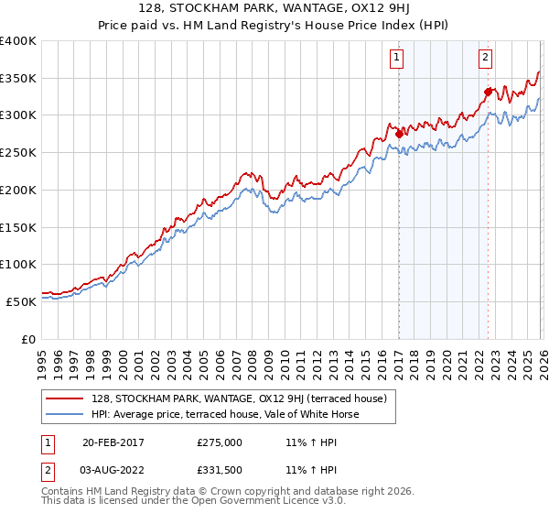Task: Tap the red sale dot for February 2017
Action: point(399,134)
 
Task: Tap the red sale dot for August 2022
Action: point(488,91)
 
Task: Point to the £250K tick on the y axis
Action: point(18,152)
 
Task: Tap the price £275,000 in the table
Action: point(220,442)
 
